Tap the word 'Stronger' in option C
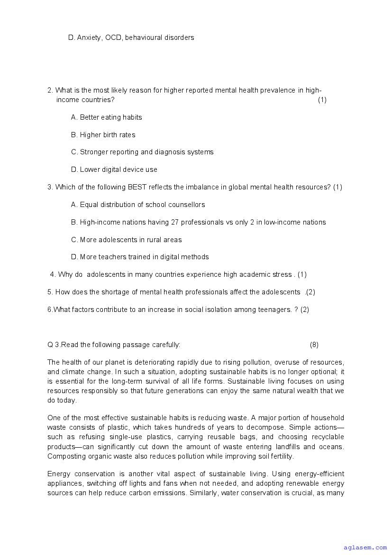click(x=95, y=152)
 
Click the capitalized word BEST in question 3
click(x=137, y=187)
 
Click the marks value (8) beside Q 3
click(x=314, y=345)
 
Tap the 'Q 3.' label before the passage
click(x=54, y=345)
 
